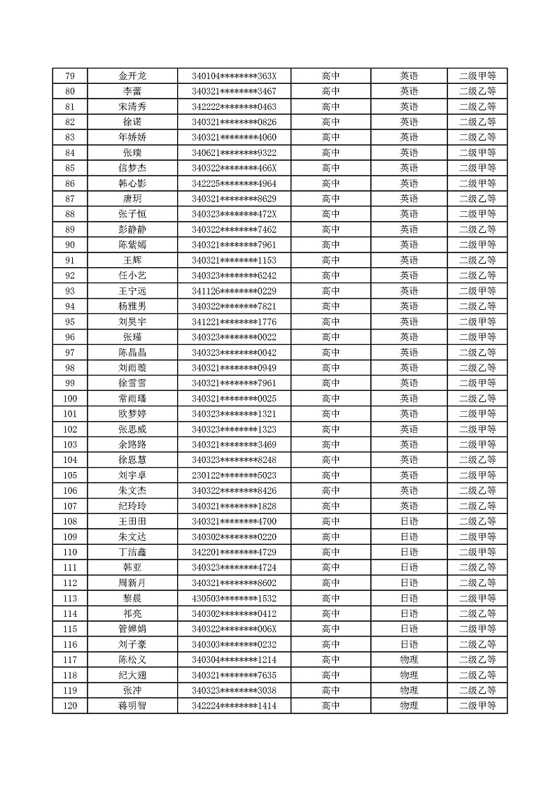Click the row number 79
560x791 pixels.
[x=69, y=76]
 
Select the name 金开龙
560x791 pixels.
[x=132, y=76]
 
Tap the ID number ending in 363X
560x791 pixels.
[x=234, y=76]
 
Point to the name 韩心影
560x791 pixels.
[x=132, y=183]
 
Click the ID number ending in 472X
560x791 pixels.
[x=234, y=214]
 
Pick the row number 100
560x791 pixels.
[x=69, y=399]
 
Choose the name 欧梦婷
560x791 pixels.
[x=132, y=414]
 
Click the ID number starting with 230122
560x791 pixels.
[x=234, y=476]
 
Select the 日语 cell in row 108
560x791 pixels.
[x=409, y=522]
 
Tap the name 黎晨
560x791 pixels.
[x=132, y=599]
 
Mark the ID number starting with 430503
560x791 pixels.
[x=234, y=599]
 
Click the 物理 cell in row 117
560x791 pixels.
[x=409, y=660]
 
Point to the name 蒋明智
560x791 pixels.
[x=132, y=706]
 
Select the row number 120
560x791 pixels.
[x=69, y=706]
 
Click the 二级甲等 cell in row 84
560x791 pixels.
[x=477, y=152]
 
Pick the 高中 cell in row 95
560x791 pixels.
[x=330, y=322]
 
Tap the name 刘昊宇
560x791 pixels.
[x=132, y=322]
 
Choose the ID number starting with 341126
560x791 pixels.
[x=234, y=291]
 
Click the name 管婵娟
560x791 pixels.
[x=132, y=629]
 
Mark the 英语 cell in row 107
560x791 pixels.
[x=409, y=506]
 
